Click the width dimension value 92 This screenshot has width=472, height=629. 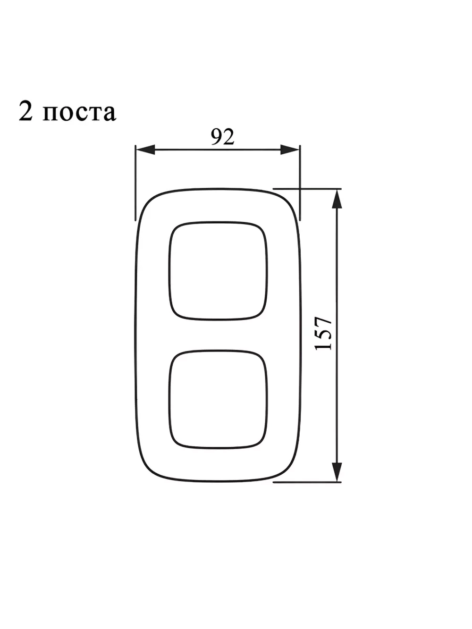(x=222, y=137)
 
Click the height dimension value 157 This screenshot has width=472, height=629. (x=323, y=333)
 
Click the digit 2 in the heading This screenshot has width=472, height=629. (x=25, y=110)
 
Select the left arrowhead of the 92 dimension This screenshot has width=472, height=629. (x=145, y=150)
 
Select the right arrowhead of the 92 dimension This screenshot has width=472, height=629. (x=290, y=150)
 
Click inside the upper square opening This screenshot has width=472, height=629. (x=218, y=270)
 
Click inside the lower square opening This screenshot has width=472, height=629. (x=218, y=399)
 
